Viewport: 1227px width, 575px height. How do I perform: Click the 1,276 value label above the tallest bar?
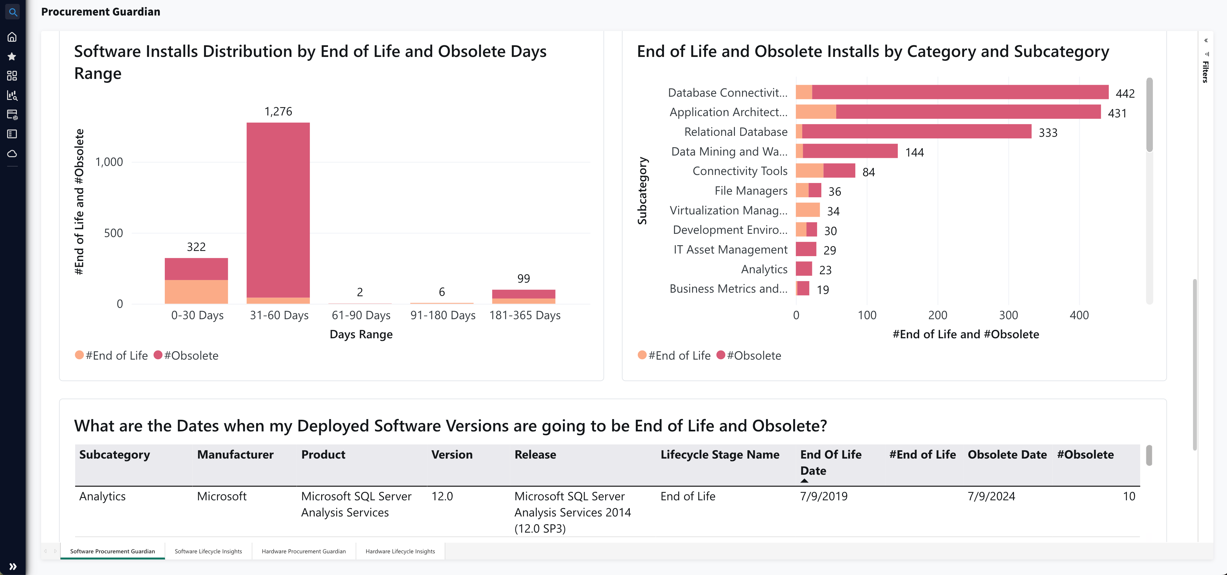point(278,111)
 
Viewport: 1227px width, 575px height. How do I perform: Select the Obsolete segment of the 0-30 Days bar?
point(196,269)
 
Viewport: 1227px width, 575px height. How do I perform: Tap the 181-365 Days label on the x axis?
point(524,315)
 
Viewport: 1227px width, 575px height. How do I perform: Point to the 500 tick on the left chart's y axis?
point(113,233)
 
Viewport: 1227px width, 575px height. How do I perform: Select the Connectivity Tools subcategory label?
point(740,171)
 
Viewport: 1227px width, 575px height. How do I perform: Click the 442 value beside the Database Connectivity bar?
point(1125,93)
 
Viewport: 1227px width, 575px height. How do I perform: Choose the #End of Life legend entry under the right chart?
point(674,355)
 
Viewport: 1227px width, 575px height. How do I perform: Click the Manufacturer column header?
point(235,455)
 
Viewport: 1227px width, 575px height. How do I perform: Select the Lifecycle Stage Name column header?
point(720,455)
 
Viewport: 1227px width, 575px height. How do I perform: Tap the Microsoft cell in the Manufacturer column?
point(221,496)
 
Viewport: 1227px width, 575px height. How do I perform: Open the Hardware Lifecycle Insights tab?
point(400,551)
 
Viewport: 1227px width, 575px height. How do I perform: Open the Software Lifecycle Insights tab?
point(208,551)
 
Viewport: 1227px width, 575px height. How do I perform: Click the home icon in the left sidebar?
point(12,37)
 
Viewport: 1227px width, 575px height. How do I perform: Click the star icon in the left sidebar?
point(12,57)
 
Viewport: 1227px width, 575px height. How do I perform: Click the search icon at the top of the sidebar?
point(13,12)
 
